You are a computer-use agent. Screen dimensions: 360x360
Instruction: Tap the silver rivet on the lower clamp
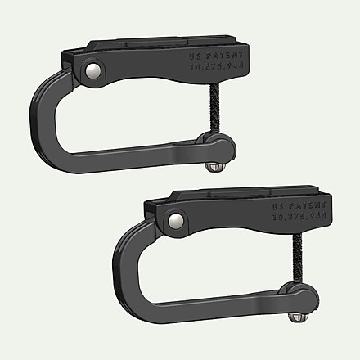(174, 218)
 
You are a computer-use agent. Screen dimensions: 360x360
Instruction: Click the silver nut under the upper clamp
(214, 166)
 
